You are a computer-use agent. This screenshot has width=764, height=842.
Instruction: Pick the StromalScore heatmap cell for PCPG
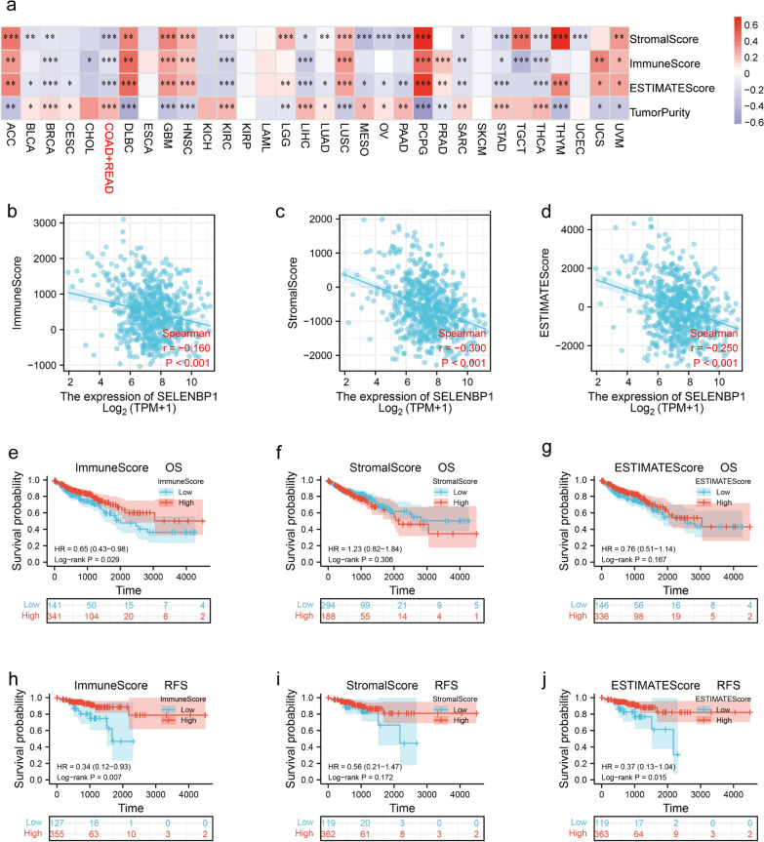click(x=422, y=38)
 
